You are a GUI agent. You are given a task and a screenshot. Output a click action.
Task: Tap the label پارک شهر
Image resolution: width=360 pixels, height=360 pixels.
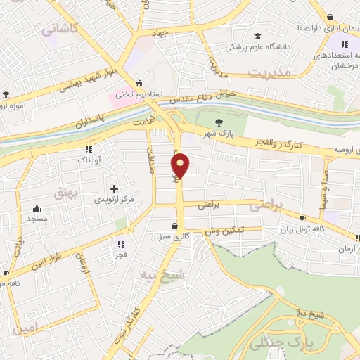pos(218,134)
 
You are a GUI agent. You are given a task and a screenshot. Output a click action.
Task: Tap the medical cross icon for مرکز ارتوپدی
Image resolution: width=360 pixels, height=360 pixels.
pos(114,188)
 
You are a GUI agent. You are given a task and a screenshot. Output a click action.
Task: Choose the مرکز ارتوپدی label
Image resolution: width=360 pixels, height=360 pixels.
pos(114,200)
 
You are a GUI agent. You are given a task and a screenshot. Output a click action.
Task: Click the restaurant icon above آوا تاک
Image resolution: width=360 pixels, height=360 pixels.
pos(89,149)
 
